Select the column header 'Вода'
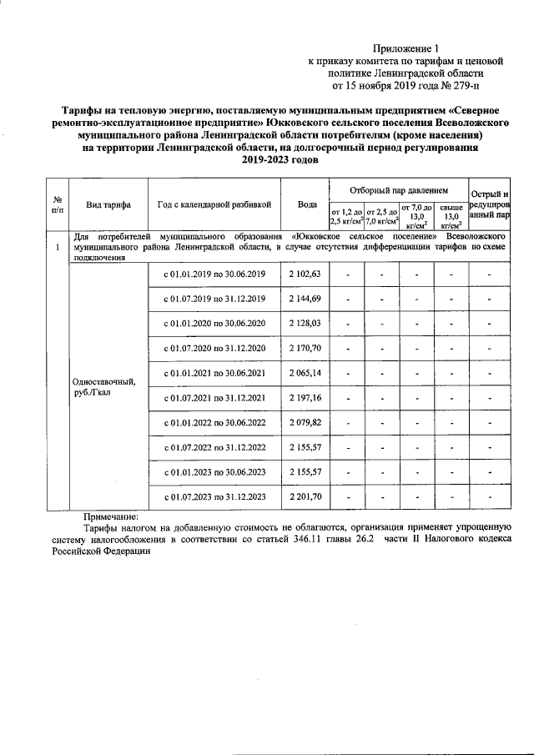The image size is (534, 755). tap(306, 204)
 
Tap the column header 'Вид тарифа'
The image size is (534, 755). tap(107, 204)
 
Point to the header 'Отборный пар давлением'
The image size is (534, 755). tap(398, 190)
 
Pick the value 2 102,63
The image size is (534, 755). tap(305, 274)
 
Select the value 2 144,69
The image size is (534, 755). tap(305, 299)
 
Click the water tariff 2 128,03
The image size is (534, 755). tap(305, 323)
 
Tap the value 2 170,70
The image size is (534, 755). tap(305, 347)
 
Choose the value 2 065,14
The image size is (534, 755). tap(305, 371)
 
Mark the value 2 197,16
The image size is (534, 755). tap(305, 399)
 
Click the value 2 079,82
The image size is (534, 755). tap(305, 423)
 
